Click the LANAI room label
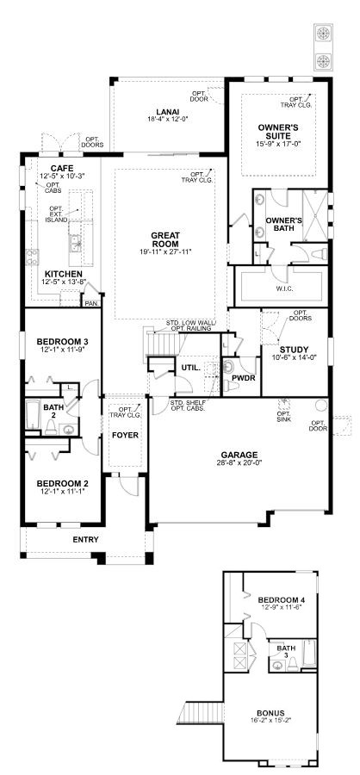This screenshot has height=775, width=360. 168,111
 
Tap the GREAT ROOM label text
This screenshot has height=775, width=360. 165,239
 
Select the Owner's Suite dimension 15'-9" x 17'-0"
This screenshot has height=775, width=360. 278,143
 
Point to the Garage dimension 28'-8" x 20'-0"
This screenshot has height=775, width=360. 239,463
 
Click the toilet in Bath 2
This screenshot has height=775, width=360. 50,429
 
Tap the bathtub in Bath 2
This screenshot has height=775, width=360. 33,416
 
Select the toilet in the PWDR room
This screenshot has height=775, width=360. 229,386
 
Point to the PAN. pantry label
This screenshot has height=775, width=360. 91,303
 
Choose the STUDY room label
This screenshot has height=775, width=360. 294,350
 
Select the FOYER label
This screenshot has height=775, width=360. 125,436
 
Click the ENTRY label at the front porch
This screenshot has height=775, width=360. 85,540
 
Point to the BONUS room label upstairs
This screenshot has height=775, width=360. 270,713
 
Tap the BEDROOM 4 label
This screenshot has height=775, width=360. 282,600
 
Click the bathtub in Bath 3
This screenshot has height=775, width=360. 308,654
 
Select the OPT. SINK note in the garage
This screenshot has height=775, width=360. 283,416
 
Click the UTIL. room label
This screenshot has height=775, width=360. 189,368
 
